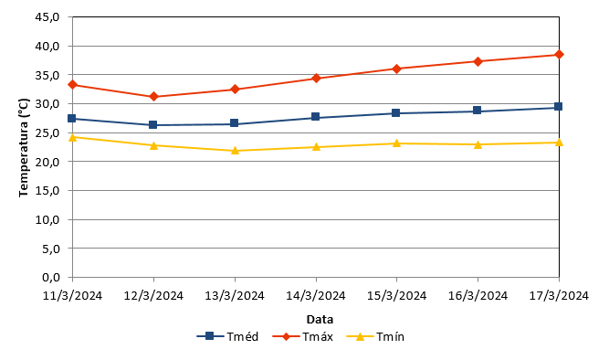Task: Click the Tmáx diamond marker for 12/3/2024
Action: pos(153,97)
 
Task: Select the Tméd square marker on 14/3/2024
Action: pos(315,117)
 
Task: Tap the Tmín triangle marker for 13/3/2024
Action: pos(235,151)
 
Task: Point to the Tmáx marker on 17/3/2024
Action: pos(559,55)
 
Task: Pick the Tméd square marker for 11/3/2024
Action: pos(72,118)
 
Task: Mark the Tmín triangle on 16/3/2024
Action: pos(478,144)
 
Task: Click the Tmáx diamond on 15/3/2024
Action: pos(396,69)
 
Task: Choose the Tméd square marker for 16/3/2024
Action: pos(477,110)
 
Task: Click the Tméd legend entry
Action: pos(227,336)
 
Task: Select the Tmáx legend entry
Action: pos(302,336)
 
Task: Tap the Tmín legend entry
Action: pos(375,336)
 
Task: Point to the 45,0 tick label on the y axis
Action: pos(47,17)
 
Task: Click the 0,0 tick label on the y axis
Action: pos(51,277)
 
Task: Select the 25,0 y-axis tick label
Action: pos(47,133)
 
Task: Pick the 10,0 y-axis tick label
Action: pos(47,219)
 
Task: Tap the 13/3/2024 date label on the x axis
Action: pos(235,296)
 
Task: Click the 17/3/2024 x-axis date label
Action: pos(560,296)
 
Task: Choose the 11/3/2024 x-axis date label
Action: pos(73,296)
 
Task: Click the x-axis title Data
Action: pos(320,320)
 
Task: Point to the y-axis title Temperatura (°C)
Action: pos(24,147)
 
